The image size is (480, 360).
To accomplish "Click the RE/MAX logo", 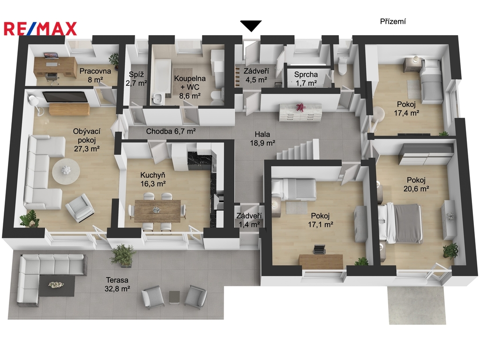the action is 40,29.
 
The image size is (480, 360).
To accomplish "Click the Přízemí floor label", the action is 393,22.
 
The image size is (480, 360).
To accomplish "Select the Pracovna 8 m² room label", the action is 95,75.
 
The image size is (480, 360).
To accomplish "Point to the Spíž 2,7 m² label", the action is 136,79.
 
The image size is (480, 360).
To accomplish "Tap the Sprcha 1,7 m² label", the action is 306,79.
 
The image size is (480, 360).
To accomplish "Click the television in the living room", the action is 65,97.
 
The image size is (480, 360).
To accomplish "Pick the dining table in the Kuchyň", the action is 157,210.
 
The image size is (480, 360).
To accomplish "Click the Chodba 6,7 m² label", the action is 171,131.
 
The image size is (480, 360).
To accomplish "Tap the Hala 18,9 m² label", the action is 262,138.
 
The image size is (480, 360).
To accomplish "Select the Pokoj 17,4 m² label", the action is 406,109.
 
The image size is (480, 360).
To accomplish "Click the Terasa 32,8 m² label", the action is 117,284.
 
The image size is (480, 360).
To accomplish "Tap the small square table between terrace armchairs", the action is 174,297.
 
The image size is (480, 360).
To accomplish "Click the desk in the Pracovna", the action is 55,67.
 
